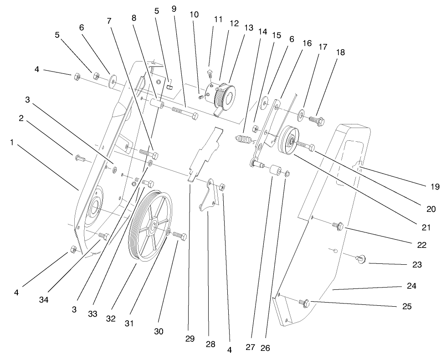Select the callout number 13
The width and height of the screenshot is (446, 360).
click(249, 28)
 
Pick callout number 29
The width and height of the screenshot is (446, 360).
click(190, 339)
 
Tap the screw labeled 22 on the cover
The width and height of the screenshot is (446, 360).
click(338, 225)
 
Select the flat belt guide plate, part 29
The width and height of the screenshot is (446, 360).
click(204, 155)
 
